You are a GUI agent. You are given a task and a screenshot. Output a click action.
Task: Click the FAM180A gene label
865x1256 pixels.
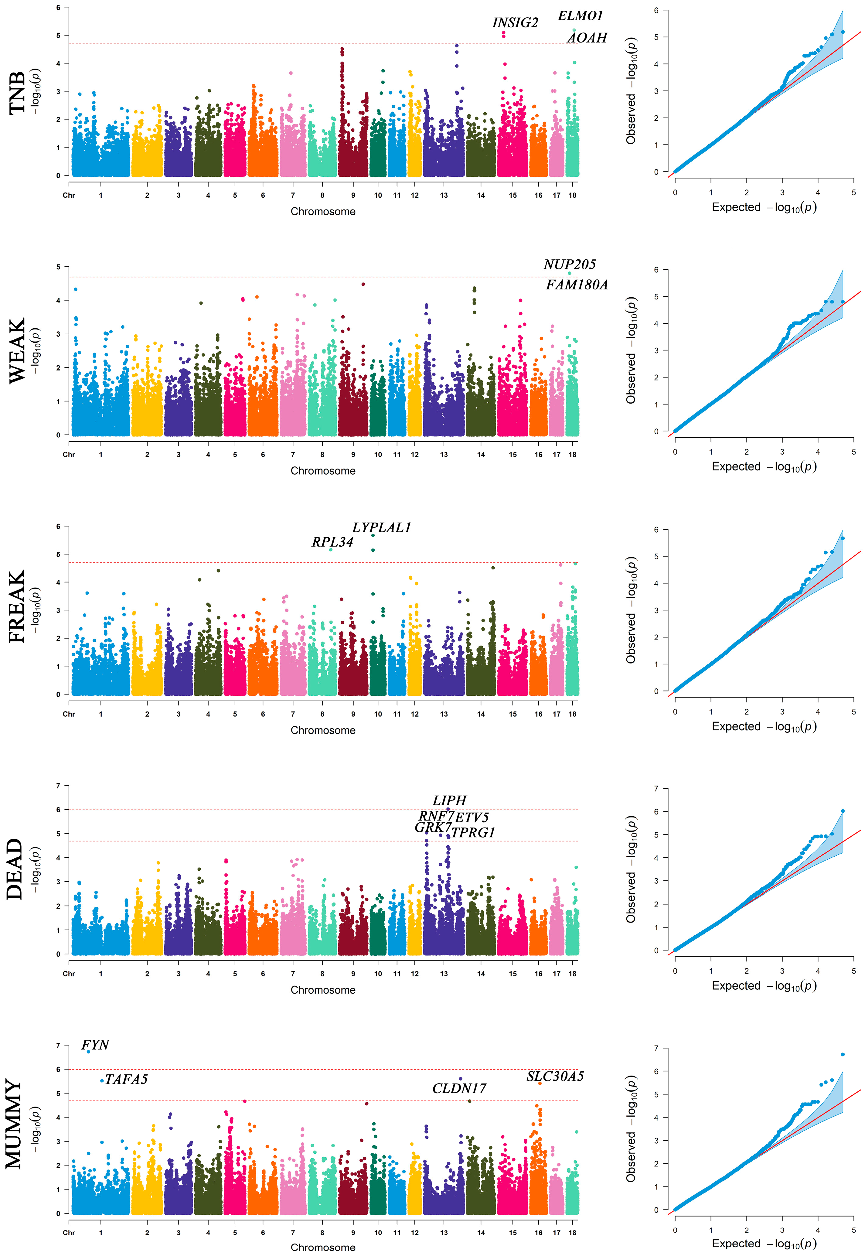576,285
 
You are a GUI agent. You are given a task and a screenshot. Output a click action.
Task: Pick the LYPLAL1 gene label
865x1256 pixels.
382,527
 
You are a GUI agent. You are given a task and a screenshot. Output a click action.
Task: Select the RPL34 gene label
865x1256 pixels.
332,542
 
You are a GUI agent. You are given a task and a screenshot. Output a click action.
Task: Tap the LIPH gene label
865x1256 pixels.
449,801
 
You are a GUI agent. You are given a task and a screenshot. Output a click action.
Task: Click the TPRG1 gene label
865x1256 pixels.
473,833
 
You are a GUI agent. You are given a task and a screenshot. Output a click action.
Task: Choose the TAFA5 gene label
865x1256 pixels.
126,1079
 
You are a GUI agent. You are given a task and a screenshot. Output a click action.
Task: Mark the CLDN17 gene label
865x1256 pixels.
459,1088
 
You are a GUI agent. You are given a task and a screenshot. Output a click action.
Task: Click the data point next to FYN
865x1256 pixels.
88,1052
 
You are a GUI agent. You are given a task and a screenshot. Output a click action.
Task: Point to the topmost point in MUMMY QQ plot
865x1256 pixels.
842,1054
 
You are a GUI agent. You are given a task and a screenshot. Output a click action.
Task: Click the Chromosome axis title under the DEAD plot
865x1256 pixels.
323,990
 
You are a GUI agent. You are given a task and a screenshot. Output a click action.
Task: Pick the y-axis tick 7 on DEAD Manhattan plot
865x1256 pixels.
59,786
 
